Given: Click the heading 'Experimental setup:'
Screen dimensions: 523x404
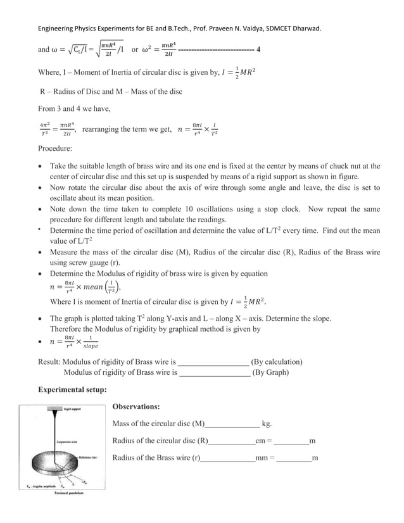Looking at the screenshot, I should click(x=73, y=390).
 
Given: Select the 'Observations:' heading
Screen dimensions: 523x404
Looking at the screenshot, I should click(x=136, y=406).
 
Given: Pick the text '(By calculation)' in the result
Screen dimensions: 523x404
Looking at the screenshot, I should click(x=277, y=362).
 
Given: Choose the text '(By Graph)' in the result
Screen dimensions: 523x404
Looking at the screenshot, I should click(x=270, y=372).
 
